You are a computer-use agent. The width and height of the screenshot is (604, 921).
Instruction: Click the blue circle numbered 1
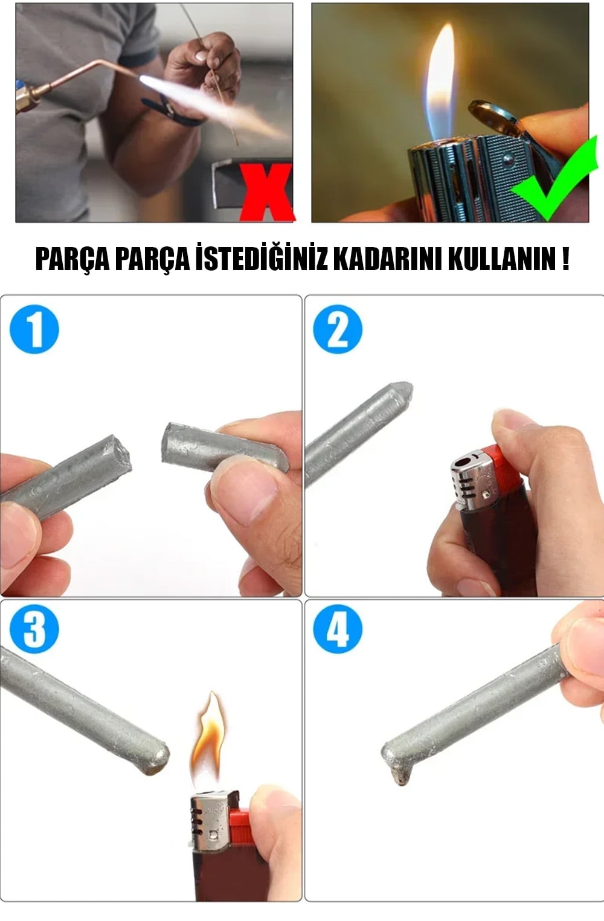pyautogui.click(x=34, y=329)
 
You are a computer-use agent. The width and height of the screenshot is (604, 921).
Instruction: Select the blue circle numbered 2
pyautogui.click(x=338, y=329)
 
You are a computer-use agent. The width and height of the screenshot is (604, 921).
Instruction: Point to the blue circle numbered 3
pyautogui.click(x=34, y=629)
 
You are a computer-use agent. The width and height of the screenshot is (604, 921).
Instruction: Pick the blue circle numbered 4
pyautogui.click(x=338, y=629)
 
